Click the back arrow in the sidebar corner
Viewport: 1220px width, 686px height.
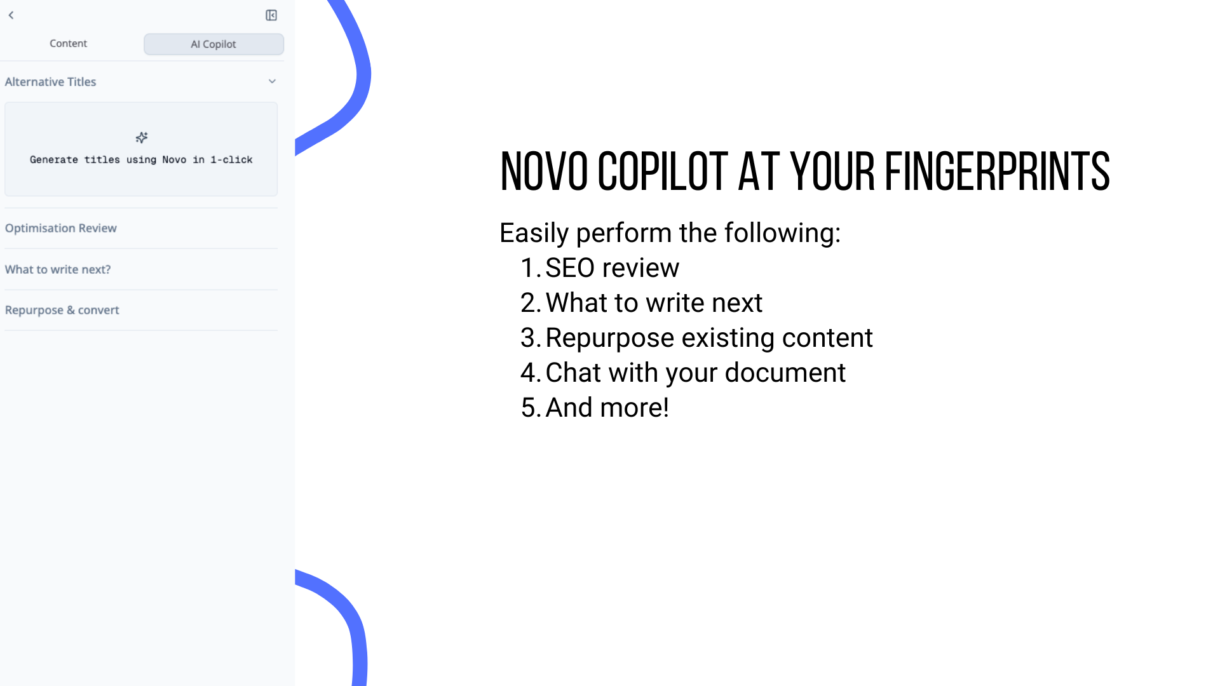[11, 15]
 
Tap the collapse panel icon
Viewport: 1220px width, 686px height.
[271, 15]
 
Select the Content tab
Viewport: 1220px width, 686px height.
[69, 43]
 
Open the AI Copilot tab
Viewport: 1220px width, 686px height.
[213, 44]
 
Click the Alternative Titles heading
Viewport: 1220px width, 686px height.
[51, 81]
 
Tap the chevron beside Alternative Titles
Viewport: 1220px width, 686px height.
[272, 81]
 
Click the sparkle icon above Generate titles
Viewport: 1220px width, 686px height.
[141, 137]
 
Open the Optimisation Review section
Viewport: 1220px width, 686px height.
[61, 228]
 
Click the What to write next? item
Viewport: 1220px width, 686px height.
[58, 269]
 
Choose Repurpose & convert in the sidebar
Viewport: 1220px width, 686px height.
[62, 310]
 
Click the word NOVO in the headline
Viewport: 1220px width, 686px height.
[544, 171]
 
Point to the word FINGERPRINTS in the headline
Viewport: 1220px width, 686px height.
[998, 171]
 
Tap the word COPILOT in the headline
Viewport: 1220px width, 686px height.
[663, 171]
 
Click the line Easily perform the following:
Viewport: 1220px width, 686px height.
[670, 233]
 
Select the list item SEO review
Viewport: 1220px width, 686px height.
[613, 268]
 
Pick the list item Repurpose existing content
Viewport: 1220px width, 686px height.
[709, 338]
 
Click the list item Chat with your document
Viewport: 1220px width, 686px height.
[696, 373]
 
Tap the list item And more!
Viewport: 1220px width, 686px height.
[607, 408]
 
